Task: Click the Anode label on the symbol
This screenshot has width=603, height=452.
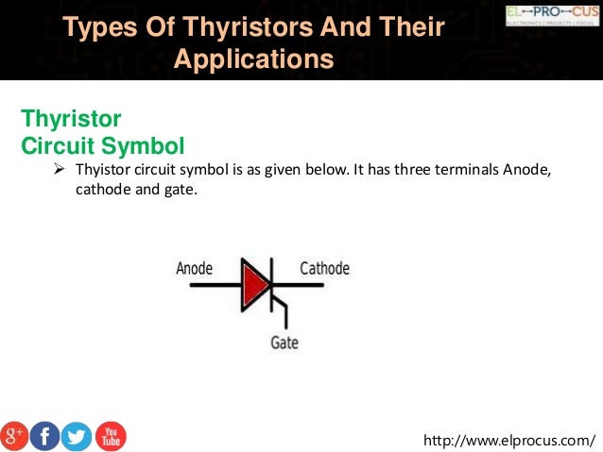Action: coord(194,268)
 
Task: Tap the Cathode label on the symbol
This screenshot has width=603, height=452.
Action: coord(324,268)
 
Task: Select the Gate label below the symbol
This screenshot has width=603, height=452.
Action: coord(284,342)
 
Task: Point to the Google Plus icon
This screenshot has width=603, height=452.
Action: coord(14,435)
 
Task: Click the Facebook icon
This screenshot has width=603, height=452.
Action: coord(44,435)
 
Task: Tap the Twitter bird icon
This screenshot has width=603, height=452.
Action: coord(77,435)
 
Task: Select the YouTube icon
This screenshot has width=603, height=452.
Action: coord(110,435)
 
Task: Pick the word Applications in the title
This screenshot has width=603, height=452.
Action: coord(254,59)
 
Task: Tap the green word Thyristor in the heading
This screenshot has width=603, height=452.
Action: coord(71,120)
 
